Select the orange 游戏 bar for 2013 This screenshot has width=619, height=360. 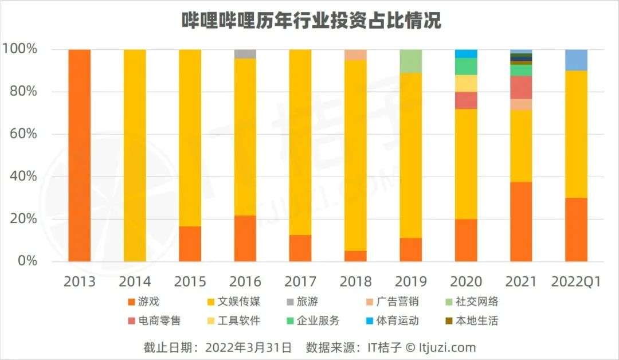(x=80, y=155)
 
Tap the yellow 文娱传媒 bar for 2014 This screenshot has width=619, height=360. (x=135, y=155)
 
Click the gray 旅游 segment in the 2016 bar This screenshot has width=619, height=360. (x=245, y=54)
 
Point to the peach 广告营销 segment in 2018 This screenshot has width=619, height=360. (x=355, y=54)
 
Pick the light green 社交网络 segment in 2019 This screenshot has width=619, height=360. (x=410, y=61)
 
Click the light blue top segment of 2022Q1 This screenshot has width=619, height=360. (x=576, y=60)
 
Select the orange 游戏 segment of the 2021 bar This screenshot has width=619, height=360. (x=521, y=222)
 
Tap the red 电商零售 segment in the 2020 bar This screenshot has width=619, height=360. (x=466, y=100)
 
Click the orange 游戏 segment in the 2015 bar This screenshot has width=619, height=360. (x=190, y=244)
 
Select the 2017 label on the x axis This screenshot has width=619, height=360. (x=300, y=281)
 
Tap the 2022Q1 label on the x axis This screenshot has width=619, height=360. (x=575, y=281)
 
